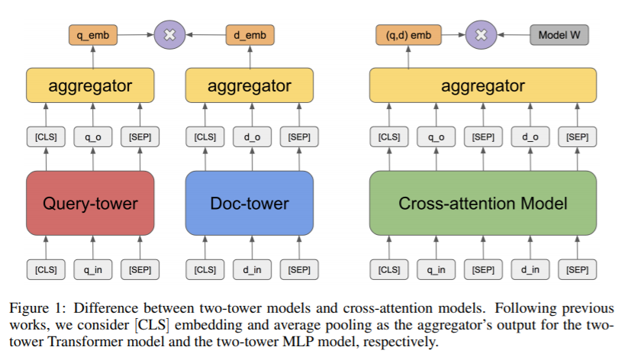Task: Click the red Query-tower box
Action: [x=90, y=203]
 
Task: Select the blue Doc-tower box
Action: [x=249, y=203]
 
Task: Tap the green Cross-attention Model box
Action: [x=483, y=203]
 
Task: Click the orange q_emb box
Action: [x=93, y=35]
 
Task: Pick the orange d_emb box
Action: [x=250, y=35]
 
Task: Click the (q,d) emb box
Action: [x=408, y=35]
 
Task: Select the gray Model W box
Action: [x=559, y=35]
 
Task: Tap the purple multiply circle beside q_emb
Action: [x=169, y=34]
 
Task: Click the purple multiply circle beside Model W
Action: [x=481, y=34]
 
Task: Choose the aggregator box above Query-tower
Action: [x=90, y=85]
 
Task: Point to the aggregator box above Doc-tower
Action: [x=249, y=85]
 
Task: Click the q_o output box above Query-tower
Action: [x=93, y=137]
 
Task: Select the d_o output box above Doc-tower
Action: [x=253, y=137]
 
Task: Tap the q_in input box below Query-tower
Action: [x=93, y=270]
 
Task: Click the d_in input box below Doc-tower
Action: [x=253, y=270]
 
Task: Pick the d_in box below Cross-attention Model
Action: [x=530, y=270]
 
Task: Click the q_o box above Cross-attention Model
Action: [x=436, y=137]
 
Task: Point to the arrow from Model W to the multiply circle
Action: [x=513, y=34]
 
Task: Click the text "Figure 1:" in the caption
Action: [x=35, y=308]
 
